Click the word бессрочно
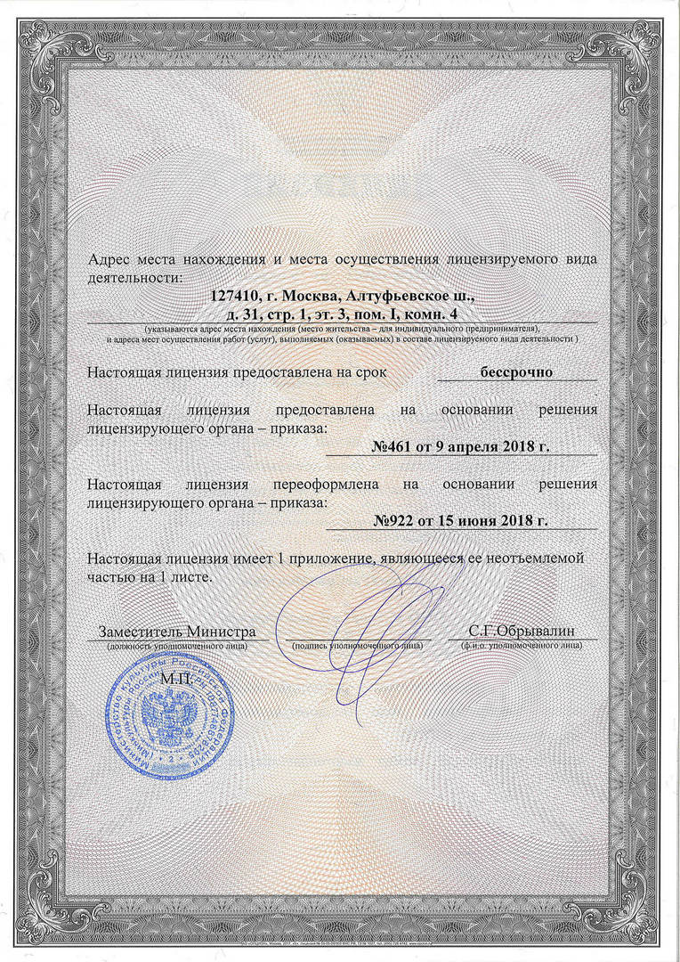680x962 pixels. [517, 371]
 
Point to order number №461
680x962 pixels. [393, 446]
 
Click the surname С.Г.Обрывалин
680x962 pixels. [522, 632]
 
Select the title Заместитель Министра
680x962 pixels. [176, 632]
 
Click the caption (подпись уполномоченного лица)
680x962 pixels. [356, 644]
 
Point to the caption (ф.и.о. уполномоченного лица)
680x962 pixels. [522, 644]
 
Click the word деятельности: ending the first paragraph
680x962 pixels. [134, 277]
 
